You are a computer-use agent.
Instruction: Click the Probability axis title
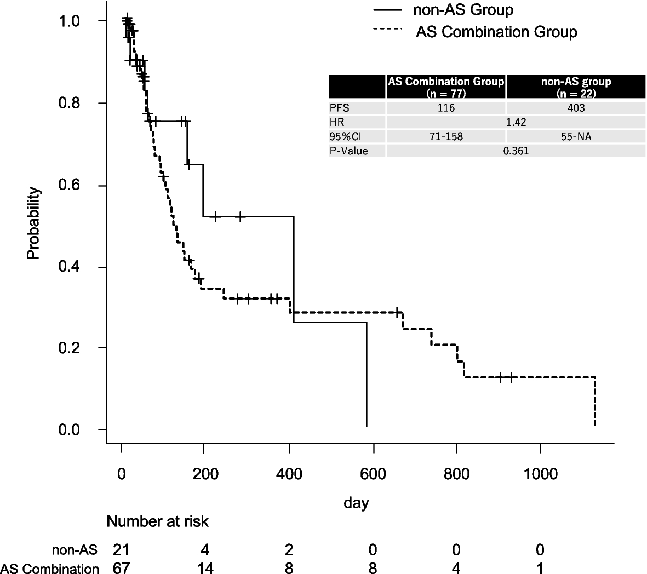33,223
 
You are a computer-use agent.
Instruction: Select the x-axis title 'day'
356,502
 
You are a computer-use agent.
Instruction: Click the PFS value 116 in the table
446,108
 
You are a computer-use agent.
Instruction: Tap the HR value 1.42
516,122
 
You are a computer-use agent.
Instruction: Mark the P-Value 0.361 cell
516,151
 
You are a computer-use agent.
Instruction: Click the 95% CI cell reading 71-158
446,136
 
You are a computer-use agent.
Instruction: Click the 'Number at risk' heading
157,521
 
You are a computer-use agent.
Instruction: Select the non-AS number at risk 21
121,549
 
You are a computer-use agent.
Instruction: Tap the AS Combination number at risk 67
121,568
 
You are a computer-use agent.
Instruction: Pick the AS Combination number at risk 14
205,568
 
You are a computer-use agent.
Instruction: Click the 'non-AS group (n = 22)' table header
575,87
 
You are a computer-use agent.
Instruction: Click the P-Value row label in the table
348,151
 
